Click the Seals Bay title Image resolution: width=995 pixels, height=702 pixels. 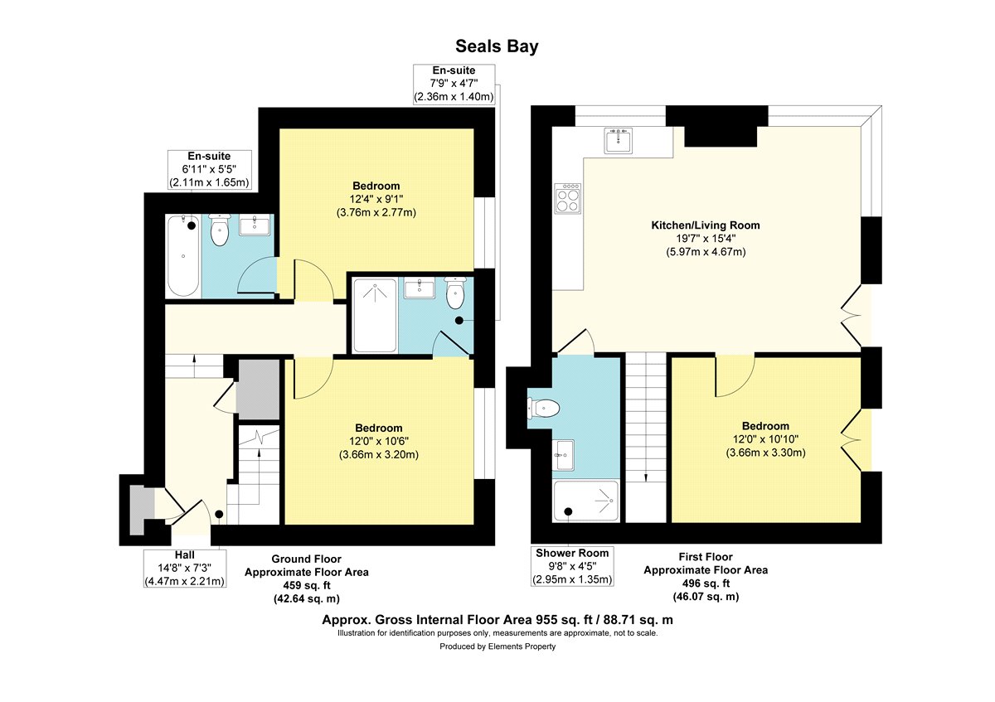497,46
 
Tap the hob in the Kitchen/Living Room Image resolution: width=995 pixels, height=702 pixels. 568,198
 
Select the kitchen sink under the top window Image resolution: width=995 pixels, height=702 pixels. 618,140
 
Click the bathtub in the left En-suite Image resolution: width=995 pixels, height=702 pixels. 183,256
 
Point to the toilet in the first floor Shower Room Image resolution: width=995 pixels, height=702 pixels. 543,408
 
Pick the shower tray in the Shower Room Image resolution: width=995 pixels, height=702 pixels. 585,501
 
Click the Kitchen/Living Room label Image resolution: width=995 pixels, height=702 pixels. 706,225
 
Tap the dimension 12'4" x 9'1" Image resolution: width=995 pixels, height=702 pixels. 376,199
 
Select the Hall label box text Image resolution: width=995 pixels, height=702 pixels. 184,568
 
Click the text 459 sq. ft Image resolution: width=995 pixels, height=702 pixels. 307,585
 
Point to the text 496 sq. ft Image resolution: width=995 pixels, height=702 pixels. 706,583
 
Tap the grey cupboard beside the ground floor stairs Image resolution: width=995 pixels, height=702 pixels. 260,390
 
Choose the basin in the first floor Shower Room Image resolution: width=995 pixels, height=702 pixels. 564,455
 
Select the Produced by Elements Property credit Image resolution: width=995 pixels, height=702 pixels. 498,646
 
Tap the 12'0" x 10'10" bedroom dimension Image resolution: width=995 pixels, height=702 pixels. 765,439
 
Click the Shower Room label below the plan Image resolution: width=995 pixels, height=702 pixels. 572,554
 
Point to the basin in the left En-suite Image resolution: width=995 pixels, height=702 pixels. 254,225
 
